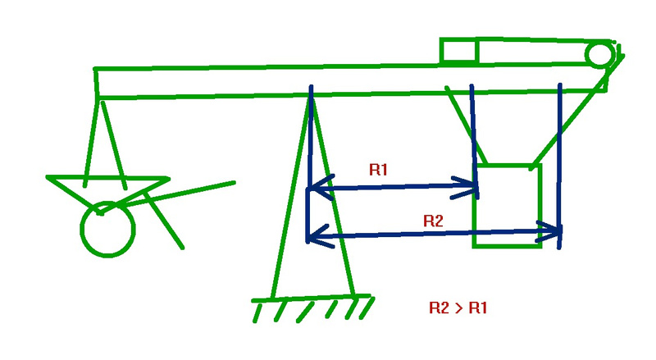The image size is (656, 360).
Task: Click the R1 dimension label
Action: tap(378, 171)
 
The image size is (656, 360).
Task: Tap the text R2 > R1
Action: tap(458, 308)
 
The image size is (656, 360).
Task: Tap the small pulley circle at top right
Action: tap(599, 54)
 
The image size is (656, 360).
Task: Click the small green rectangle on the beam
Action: tap(458, 51)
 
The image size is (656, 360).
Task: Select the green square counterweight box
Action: tap(508, 205)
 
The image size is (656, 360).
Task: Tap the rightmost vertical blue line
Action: tap(559, 156)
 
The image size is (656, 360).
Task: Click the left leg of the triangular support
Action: tap(292, 197)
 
